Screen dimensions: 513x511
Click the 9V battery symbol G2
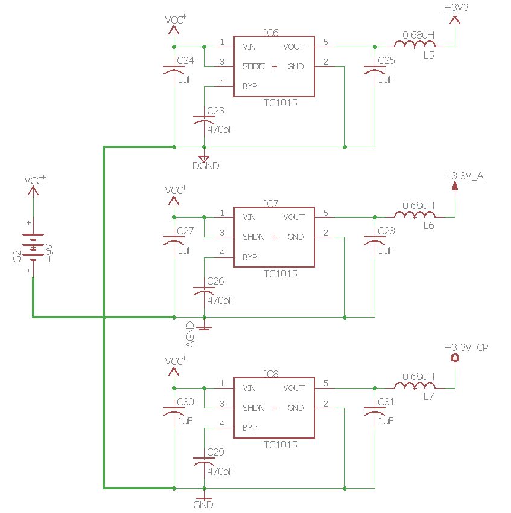[33, 246]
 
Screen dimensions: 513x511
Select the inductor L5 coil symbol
[414, 45]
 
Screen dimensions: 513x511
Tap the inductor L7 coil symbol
[414, 387]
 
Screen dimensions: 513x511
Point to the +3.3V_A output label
[464, 176]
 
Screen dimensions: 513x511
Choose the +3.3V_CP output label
[466, 347]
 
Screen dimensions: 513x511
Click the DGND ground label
[206, 166]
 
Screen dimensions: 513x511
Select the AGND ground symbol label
[191, 334]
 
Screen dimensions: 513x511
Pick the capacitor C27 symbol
[174, 240]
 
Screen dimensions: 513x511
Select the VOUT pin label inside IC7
[293, 217]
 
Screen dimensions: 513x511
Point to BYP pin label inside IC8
[250, 428]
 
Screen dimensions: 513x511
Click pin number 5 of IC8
[326, 383]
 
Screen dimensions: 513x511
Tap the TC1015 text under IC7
[280, 274]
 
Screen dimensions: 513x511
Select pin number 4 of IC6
[222, 82]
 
